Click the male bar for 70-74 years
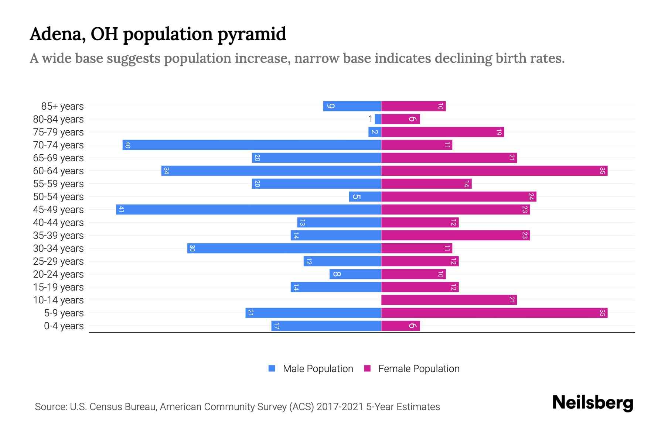(x=252, y=145)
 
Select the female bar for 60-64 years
(x=494, y=171)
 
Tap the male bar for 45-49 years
(x=248, y=209)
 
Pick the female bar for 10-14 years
(x=449, y=300)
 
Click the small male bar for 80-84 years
(x=378, y=119)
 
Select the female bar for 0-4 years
(x=400, y=326)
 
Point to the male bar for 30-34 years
(x=284, y=248)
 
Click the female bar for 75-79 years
(x=443, y=132)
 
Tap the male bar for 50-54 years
(x=365, y=196)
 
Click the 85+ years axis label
(x=62, y=106)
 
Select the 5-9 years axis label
(x=64, y=313)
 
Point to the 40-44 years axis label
(x=58, y=223)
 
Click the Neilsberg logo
(x=593, y=403)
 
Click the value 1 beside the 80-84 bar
(x=370, y=119)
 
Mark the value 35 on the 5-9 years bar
(x=602, y=313)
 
